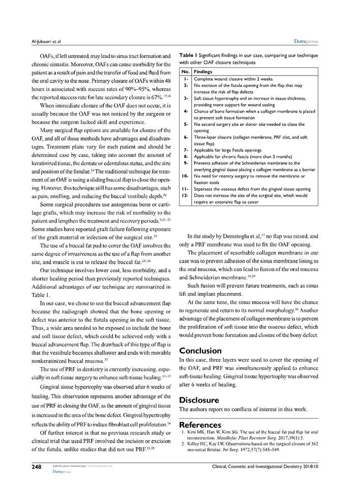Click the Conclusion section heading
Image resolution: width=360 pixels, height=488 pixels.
tap(200, 351)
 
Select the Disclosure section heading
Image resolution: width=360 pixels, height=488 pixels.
tap(199, 400)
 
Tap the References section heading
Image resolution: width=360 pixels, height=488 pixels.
tap(201, 424)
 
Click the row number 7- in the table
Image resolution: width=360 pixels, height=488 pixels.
tap(186, 150)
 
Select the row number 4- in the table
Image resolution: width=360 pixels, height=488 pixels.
tap(186, 111)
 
